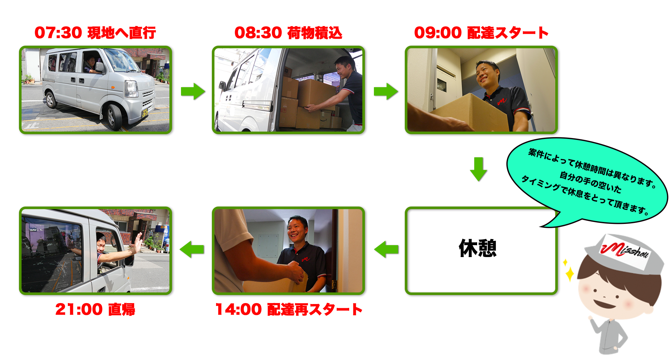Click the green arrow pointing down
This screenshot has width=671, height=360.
pos(478,169)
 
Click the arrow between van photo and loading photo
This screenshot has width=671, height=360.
pos(193,91)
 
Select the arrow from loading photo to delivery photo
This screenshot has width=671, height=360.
pos(385,91)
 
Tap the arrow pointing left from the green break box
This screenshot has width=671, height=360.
pos(386,249)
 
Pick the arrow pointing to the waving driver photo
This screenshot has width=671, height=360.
pos(192,249)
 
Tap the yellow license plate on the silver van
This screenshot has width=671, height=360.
pos(145,113)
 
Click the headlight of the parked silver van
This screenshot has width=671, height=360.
pos(131,89)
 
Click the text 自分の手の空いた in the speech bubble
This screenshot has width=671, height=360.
pos(590,182)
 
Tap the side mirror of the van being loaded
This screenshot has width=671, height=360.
pos(222,85)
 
